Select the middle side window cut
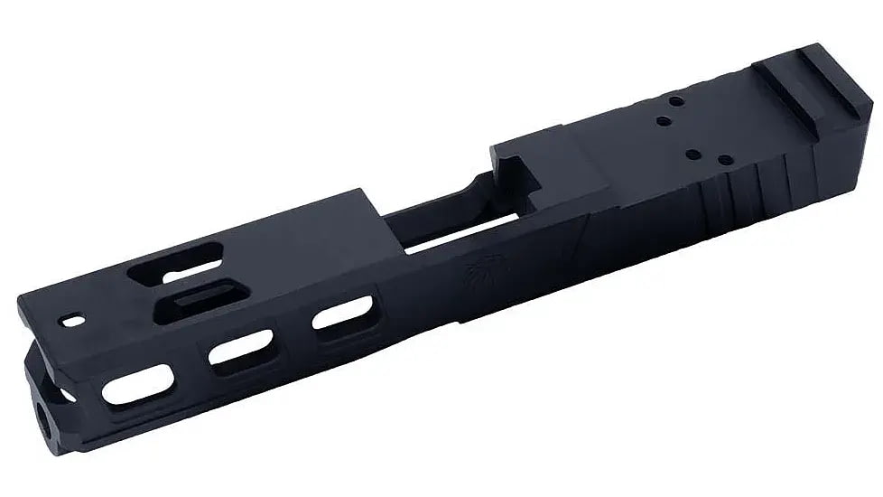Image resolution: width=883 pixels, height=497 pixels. click(241, 350)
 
